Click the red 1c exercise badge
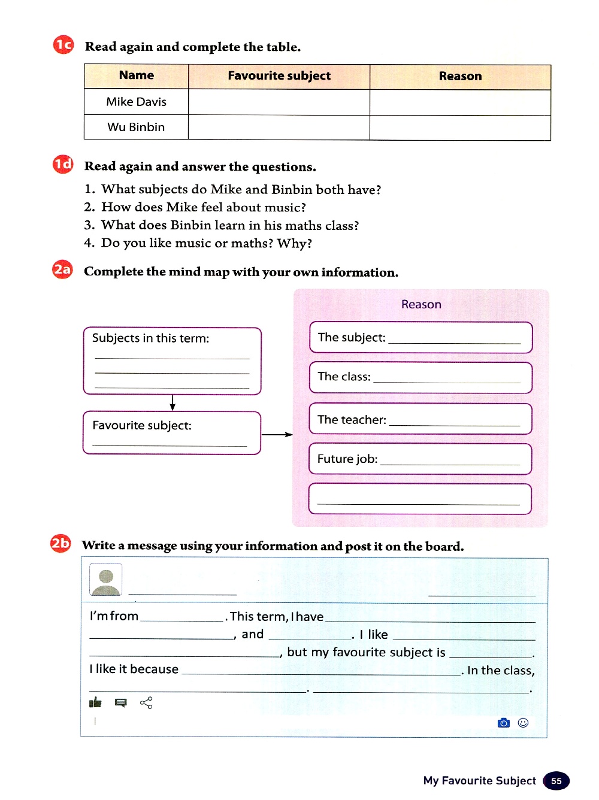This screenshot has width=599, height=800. point(63,45)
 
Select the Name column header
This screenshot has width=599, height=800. point(137,75)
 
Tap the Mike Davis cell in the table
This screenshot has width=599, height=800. point(137,102)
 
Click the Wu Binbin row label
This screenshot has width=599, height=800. point(136,127)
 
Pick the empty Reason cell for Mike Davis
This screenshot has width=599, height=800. point(460,102)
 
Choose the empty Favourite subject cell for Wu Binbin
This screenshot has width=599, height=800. point(279,128)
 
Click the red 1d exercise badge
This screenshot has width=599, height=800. point(63,165)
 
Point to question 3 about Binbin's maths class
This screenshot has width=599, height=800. point(229,225)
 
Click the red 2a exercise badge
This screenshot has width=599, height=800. point(62,270)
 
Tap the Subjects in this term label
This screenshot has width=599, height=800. point(150,338)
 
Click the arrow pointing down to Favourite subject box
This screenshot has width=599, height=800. point(173,402)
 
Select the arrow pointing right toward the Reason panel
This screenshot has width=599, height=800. point(277,435)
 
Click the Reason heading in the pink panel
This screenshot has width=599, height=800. point(421,304)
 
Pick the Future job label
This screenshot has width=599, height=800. point(347,459)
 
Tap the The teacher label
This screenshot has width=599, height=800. point(352,420)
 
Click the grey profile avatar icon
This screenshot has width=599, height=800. point(106,580)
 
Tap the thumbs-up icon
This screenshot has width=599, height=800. point(95,702)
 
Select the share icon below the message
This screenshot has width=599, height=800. point(146,702)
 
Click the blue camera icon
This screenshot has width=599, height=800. point(504,723)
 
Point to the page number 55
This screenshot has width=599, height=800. point(556,781)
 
